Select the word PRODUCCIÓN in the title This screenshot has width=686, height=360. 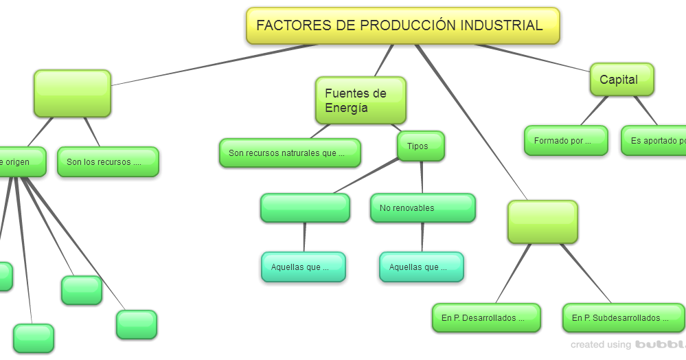tap(407, 25)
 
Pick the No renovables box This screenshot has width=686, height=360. tap(422, 208)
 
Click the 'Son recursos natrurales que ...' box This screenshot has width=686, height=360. tap(290, 153)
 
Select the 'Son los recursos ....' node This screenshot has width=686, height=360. tap(108, 162)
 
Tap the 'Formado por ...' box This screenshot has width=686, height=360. tap(566, 141)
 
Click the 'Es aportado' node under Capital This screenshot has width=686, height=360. tap(656, 141)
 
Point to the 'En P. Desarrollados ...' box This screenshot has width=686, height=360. tap(486, 318)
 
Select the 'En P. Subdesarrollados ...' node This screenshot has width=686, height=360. tap(623, 318)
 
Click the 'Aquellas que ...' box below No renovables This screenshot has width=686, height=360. tap(422, 267)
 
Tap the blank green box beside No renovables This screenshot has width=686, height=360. tap(305, 207)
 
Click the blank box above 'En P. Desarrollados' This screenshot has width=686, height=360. tap(542, 222)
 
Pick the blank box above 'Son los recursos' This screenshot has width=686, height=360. tap(72, 93)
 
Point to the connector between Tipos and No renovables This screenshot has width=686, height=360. tap(421, 177)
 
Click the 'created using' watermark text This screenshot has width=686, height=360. tap(599, 345)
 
